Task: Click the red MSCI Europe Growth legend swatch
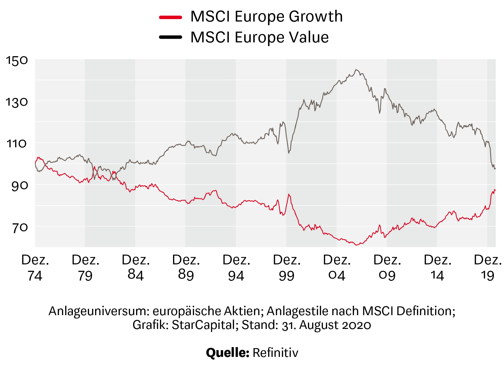[171, 17]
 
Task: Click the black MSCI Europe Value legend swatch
[171, 37]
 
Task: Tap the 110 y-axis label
[17, 144]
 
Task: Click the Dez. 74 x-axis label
[35, 268]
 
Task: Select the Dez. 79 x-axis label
[85, 268]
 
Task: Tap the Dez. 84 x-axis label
[136, 268]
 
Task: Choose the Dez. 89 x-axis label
[186, 268]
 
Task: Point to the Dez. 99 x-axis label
[287, 268]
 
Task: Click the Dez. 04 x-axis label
[337, 268]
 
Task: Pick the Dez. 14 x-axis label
[437, 268]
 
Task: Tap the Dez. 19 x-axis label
[488, 268]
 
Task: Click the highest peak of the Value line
[356, 70]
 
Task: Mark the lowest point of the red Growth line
[356, 245]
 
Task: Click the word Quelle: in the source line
[227, 353]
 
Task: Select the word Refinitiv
[275, 353]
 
